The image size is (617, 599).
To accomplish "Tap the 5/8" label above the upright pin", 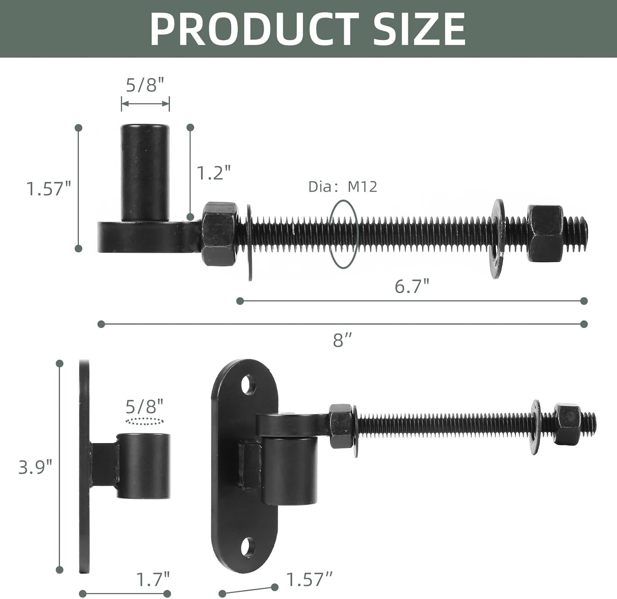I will click(145, 85).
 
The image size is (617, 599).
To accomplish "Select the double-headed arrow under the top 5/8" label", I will click(145, 104).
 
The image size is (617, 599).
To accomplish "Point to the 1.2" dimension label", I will click(213, 173).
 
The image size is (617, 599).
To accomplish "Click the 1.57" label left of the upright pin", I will click(49, 189).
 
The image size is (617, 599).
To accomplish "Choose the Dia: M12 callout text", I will click(343, 187).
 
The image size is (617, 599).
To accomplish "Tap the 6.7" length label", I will click(412, 286).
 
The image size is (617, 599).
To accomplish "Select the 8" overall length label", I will click(343, 340).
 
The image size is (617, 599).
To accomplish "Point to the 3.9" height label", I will click(35, 467).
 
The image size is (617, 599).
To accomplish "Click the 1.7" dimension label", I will click(153, 579).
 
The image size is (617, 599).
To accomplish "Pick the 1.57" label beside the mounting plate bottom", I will click(308, 579).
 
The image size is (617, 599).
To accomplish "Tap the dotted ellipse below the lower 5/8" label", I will click(145, 421).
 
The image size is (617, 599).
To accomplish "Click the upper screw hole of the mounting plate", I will click(248, 384).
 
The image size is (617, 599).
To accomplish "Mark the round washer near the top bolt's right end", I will click(498, 239).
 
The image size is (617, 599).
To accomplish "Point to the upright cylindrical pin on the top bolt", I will click(145, 173).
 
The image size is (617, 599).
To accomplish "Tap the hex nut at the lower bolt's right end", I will click(567, 424).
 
